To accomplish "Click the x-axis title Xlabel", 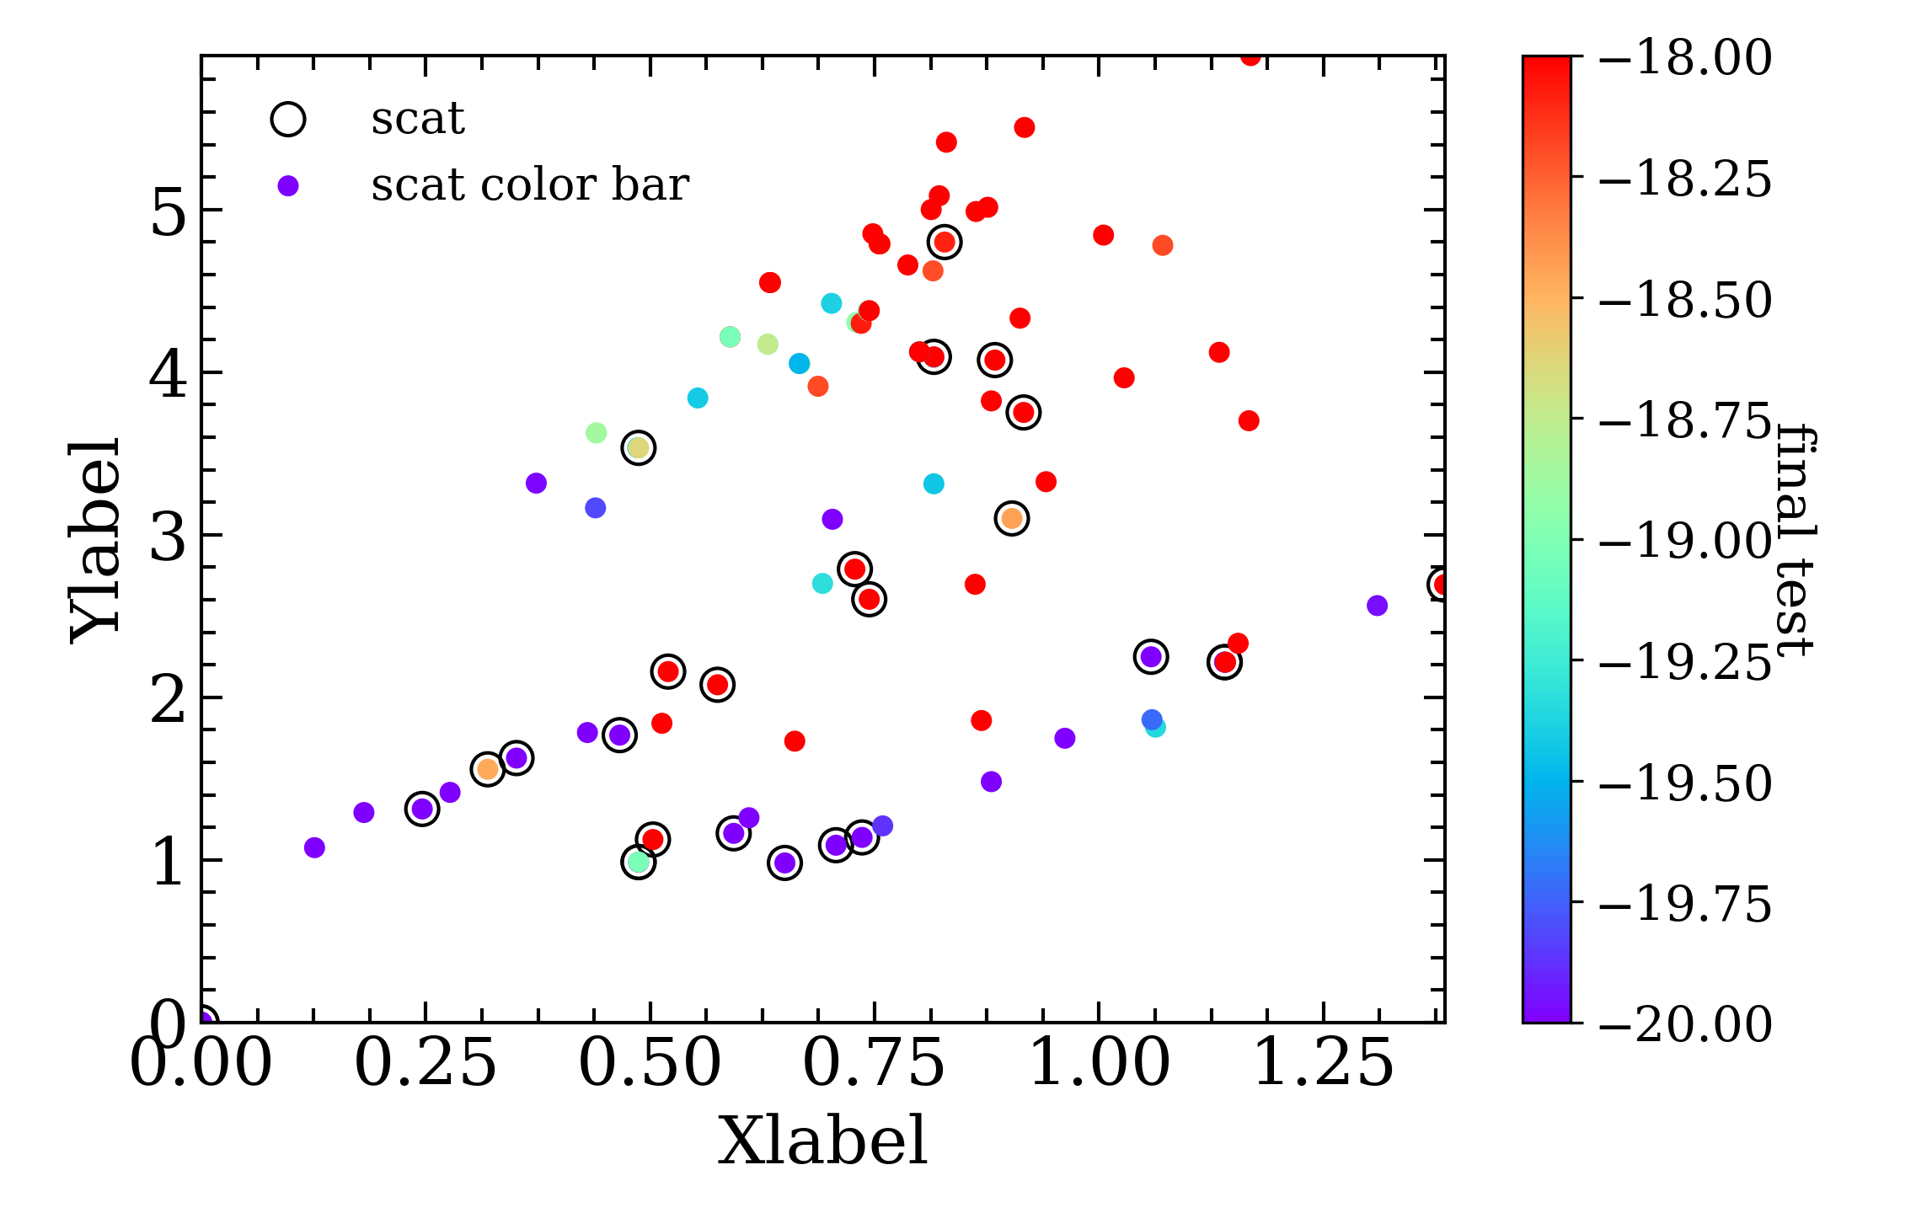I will [x=822, y=1141].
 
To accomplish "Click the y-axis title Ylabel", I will [x=95, y=541].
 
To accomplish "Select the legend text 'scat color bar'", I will [x=530, y=184].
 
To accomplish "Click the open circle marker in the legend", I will [x=287, y=119].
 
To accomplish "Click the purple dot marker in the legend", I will [x=288, y=185].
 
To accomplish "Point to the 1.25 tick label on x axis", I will [x=1323, y=1063].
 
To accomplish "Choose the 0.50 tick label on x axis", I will [x=650, y=1063].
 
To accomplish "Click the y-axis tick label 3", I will [x=169, y=536].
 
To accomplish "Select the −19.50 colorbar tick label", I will [x=1684, y=783].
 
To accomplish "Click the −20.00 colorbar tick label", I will [x=1684, y=1023].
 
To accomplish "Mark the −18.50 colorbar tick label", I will [x=1684, y=299].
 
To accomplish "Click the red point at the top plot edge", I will [x=1250, y=57].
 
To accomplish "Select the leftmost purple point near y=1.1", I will [x=314, y=847].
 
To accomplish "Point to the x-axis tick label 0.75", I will [x=874, y=1063].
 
